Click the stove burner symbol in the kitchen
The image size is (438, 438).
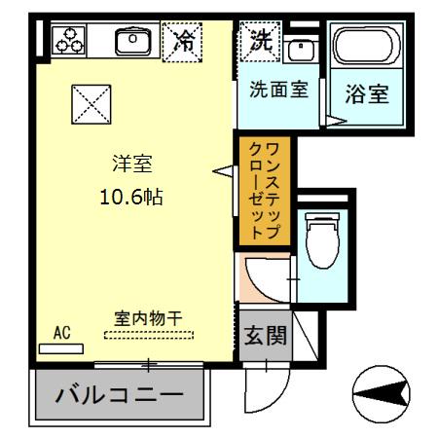(68, 40)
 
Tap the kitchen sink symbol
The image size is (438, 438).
(129, 41)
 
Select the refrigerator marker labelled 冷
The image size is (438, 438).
(183, 41)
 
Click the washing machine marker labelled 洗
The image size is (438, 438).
(260, 41)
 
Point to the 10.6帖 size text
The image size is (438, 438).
(130, 197)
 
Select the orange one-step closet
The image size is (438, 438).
(263, 190)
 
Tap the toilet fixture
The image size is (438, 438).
(318, 239)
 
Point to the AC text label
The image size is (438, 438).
(62, 332)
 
